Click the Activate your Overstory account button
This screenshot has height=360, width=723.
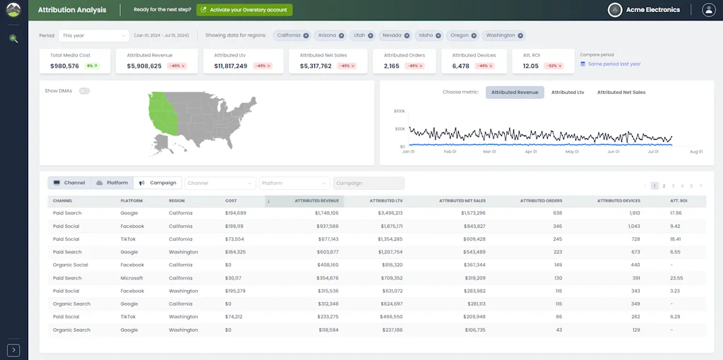coord(244,10)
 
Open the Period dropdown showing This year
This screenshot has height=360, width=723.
coord(93,35)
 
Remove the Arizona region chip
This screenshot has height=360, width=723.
coord(342,35)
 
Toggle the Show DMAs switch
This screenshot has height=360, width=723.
coord(85,91)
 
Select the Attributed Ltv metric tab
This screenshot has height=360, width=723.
coord(568,92)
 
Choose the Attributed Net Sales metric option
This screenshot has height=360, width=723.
coord(621,92)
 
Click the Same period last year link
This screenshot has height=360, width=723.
coord(614,64)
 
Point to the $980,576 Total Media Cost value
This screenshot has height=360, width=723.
coord(65,66)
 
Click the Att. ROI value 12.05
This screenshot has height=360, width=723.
coord(531,66)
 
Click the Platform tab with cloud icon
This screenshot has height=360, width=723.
coord(112,183)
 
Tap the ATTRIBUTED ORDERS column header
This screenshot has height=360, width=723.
coord(541,201)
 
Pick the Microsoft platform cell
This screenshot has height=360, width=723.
coord(131,278)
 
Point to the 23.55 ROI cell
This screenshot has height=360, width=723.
coord(676,278)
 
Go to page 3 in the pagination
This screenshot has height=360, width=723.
coord(673,186)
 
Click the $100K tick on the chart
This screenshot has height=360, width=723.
coord(399,111)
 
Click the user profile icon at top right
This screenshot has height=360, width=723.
coord(709,10)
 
